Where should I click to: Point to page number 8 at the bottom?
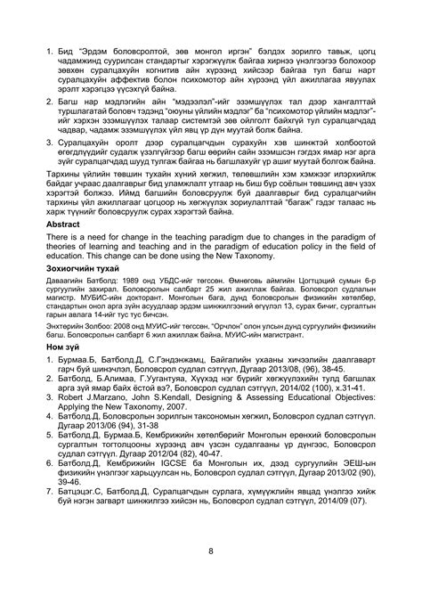[210, 551]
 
